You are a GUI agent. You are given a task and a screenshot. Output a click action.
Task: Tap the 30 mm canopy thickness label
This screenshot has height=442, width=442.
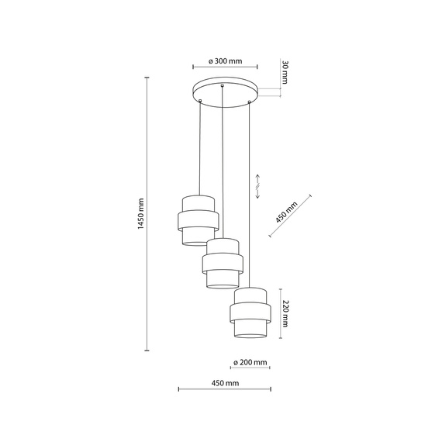(285, 73)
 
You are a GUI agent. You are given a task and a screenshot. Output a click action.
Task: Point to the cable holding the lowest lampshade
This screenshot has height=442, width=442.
(250, 194)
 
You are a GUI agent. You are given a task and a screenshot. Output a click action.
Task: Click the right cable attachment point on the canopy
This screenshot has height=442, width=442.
(249, 100)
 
